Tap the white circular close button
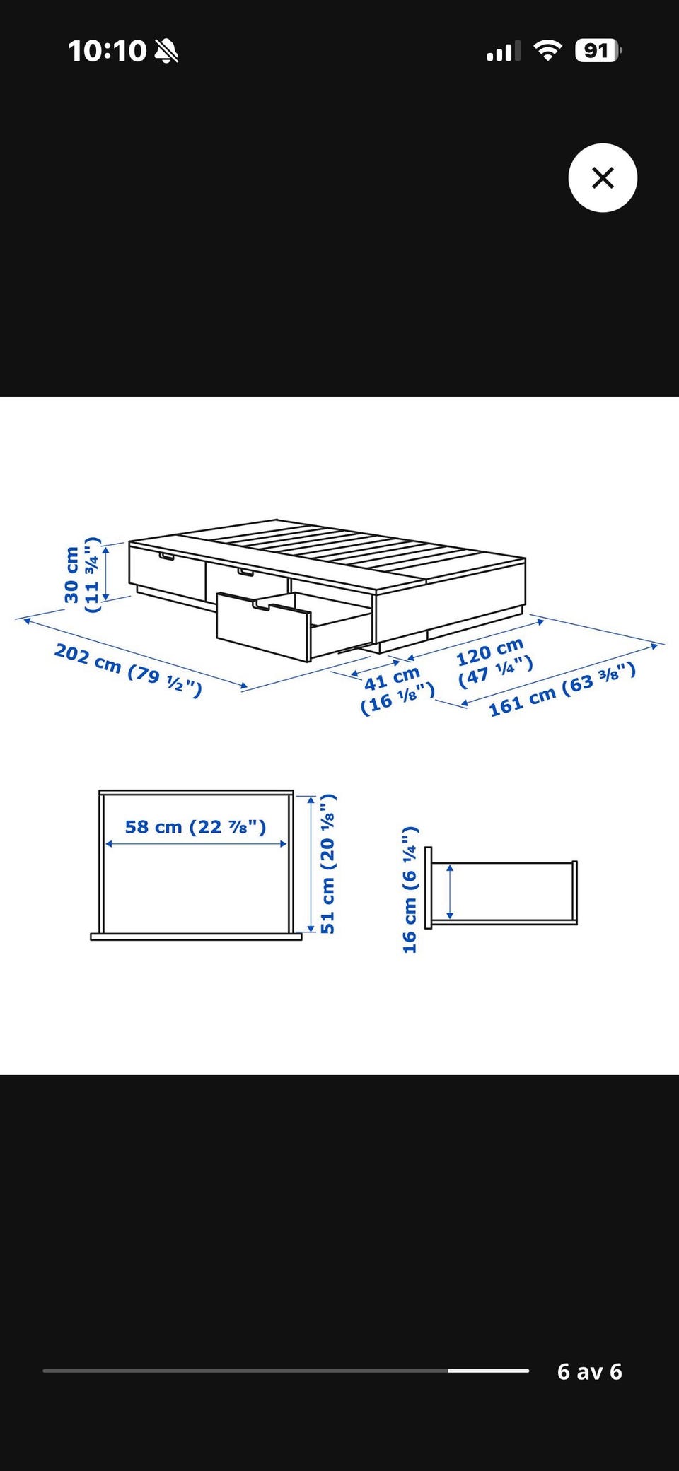[603, 177]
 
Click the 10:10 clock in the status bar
[107, 51]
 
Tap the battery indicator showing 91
[598, 51]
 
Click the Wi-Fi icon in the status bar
[547, 50]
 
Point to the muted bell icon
[167, 51]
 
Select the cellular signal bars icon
[503, 51]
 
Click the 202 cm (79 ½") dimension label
[128, 669]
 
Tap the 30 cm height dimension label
[82, 575]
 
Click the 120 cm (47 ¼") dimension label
[494, 662]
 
